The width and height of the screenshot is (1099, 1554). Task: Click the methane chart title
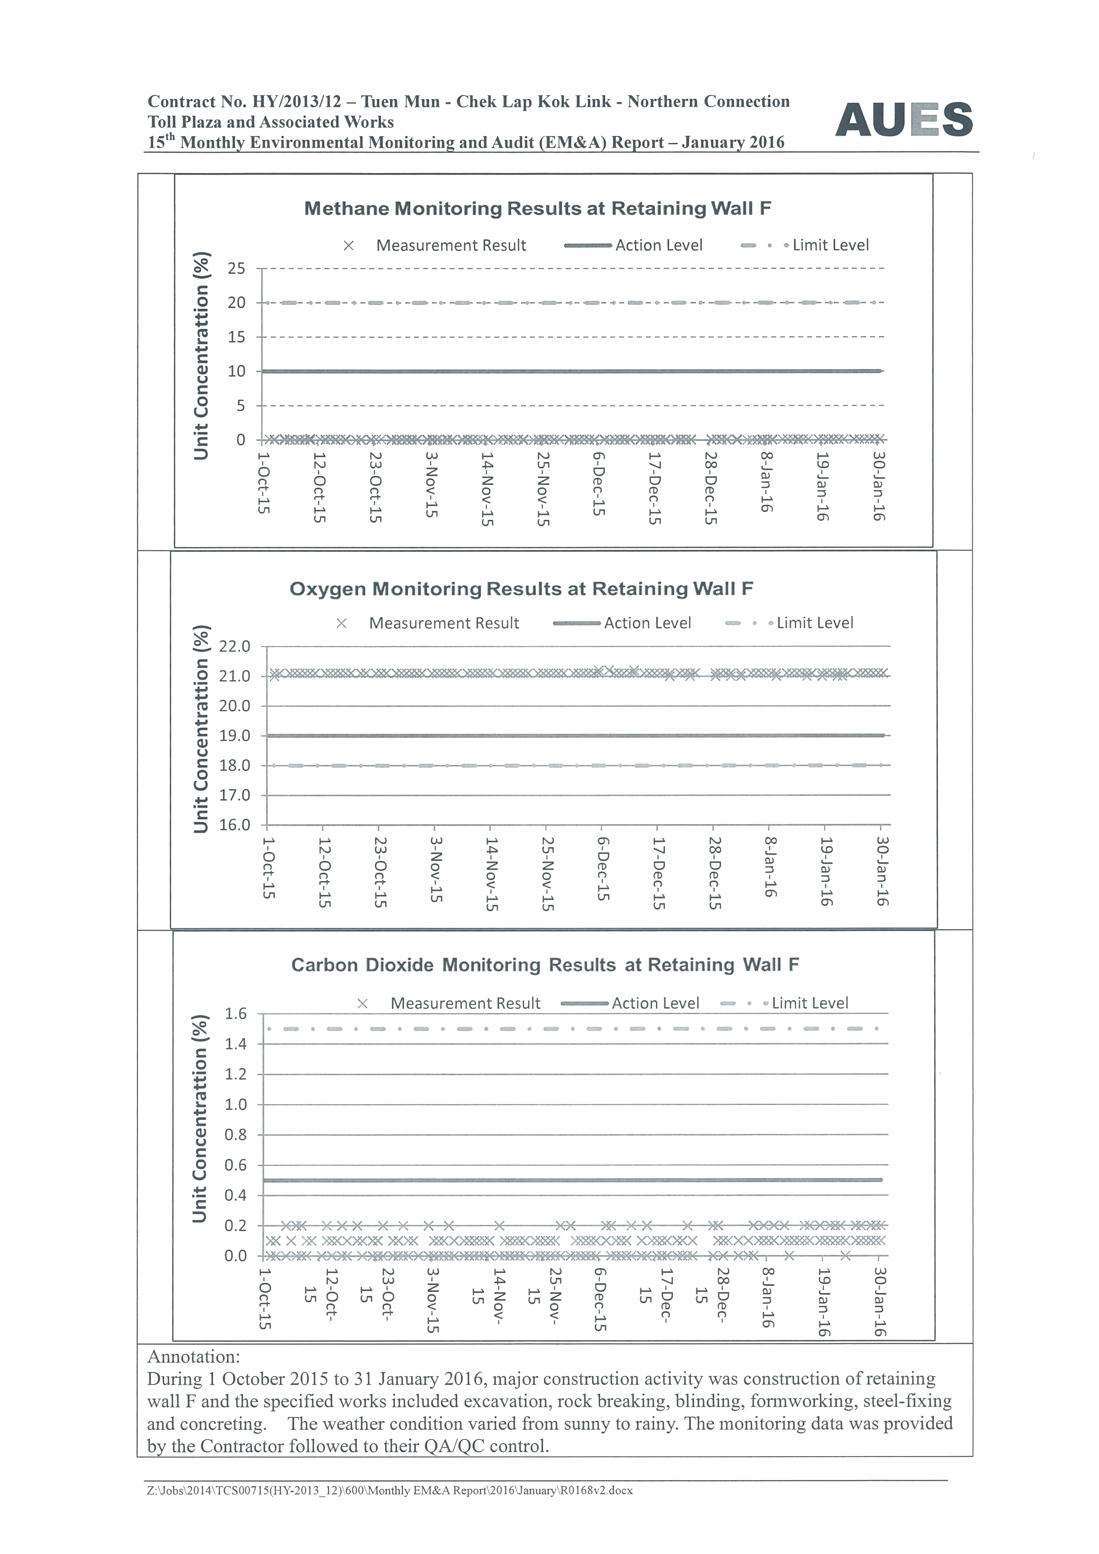(x=537, y=209)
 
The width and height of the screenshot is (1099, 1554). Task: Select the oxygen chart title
(x=521, y=589)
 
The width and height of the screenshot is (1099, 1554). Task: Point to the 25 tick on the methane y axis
(x=236, y=268)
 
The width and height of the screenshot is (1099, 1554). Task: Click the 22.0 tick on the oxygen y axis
(x=234, y=647)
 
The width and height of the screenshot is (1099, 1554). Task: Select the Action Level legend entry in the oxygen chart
(x=647, y=623)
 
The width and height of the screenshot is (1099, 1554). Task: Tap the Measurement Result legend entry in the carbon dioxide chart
(x=465, y=1003)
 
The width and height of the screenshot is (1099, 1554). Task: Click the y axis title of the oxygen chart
(x=201, y=728)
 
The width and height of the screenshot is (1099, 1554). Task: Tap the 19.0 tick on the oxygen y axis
(x=234, y=736)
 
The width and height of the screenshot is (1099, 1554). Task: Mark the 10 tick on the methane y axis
(x=236, y=371)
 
